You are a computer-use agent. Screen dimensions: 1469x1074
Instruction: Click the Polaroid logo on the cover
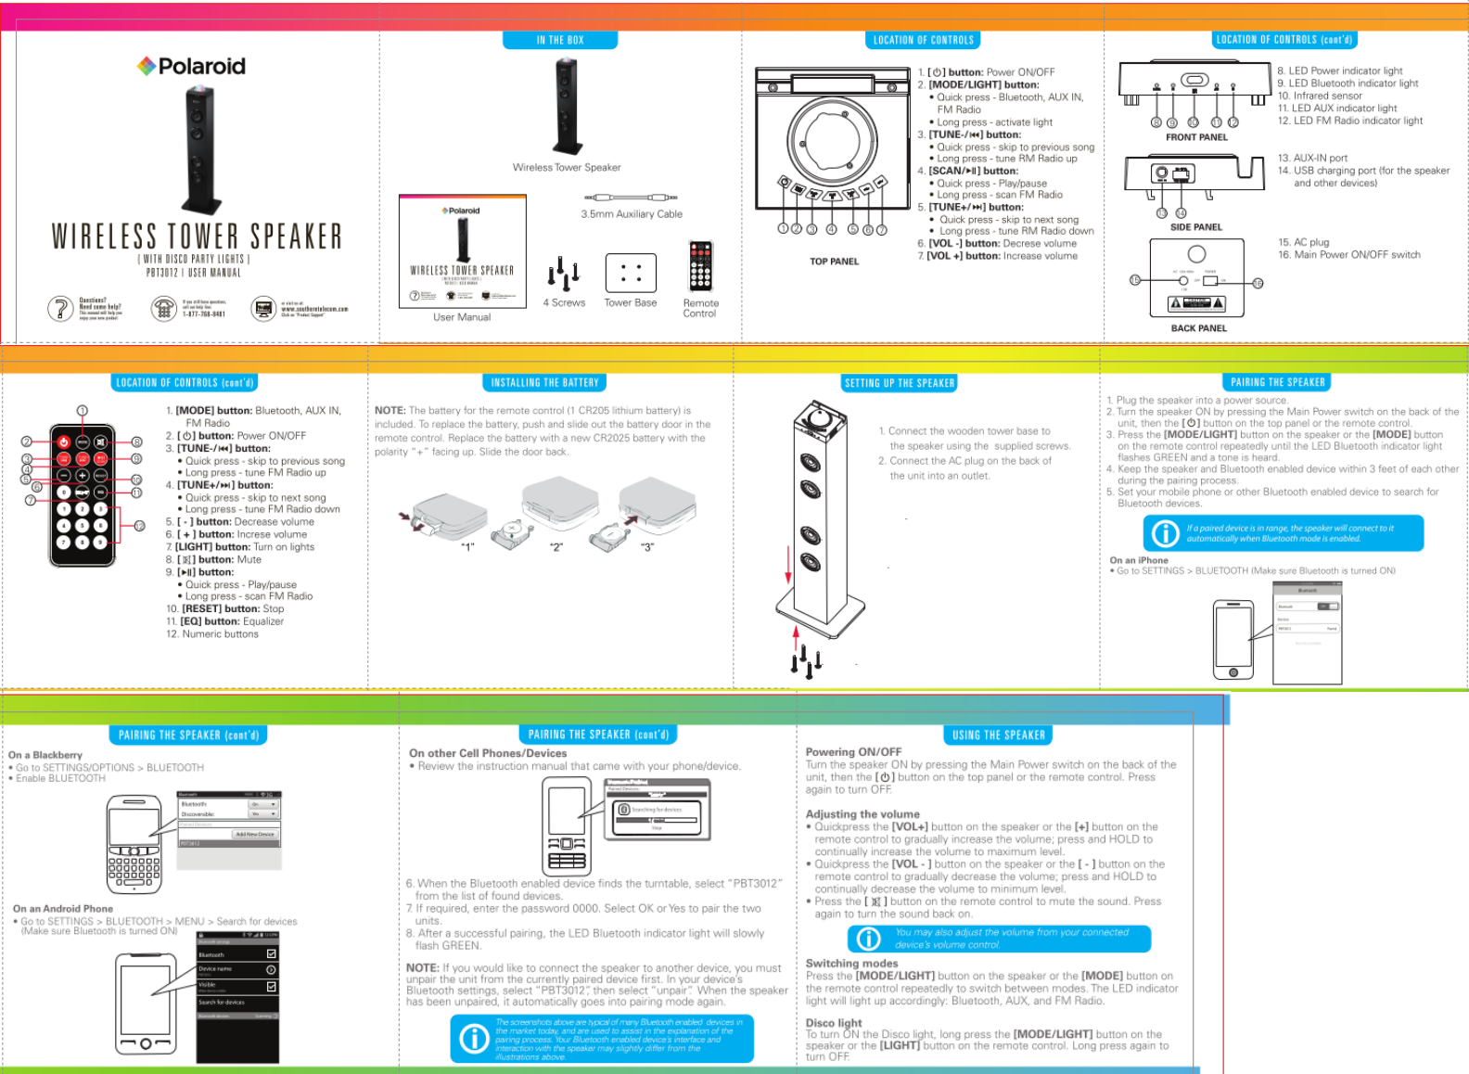192,66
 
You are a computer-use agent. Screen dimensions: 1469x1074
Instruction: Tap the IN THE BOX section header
560,40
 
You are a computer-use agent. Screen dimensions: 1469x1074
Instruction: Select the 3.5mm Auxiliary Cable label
632,213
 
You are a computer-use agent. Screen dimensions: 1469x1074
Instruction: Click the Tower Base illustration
631,273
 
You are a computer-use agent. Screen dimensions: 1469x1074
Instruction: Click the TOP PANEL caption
834,262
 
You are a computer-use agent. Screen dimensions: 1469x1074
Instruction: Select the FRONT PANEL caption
1196,137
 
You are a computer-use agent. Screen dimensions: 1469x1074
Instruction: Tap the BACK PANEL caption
1198,328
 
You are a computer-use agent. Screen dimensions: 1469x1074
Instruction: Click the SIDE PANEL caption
1195,227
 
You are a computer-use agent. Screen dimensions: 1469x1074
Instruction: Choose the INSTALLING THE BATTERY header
544,382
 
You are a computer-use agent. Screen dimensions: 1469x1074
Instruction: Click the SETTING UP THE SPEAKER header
900,383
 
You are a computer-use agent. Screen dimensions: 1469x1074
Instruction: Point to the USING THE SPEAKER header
998,735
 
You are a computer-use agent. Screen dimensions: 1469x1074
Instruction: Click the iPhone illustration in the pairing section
1233,640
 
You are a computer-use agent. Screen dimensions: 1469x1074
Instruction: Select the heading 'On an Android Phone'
63,909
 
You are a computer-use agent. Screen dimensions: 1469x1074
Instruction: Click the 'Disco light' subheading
834,1023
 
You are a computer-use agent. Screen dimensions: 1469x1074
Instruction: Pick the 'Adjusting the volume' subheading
862,814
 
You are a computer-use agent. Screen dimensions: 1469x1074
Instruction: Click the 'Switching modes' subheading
851,964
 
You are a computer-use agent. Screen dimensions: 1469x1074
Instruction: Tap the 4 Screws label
564,302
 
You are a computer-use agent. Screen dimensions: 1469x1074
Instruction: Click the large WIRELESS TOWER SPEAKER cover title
197,237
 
